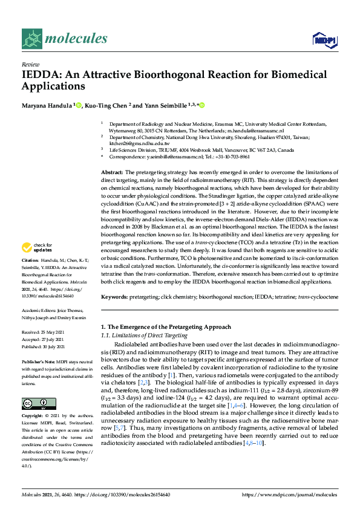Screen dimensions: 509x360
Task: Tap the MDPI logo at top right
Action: click(x=324, y=41)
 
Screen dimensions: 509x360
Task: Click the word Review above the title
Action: click(x=30, y=63)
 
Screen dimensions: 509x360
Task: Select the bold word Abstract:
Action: click(x=113, y=172)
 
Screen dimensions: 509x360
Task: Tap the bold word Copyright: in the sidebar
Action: click(x=34, y=417)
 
